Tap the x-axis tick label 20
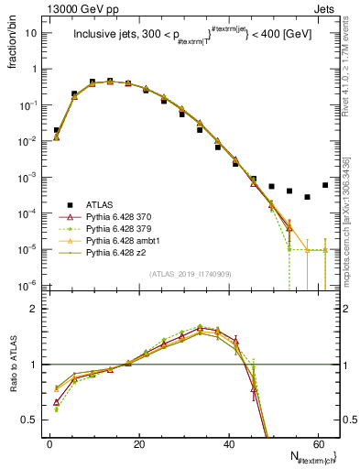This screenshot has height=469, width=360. [138, 442]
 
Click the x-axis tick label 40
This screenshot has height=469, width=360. [228, 442]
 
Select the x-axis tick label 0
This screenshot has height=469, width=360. [49, 442]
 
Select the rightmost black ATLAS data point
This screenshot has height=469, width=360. [325, 185]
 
